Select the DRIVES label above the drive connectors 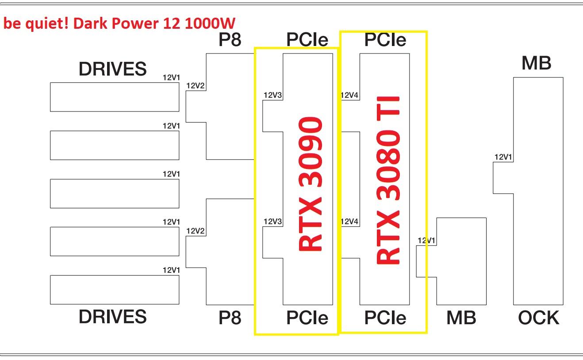[x=112, y=69]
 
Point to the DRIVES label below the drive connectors [x=112, y=317]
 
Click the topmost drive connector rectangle [x=115, y=97]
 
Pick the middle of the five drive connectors [x=115, y=193]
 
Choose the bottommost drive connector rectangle [x=115, y=290]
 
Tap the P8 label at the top [x=230, y=40]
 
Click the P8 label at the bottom [x=230, y=318]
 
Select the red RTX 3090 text [x=310, y=184]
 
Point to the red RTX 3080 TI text [x=389, y=180]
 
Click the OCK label [x=538, y=318]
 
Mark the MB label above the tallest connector [x=536, y=63]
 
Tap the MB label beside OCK [x=461, y=318]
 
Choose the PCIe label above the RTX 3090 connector [x=307, y=40]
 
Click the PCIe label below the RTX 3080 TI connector [x=385, y=318]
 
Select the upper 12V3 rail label [x=272, y=95]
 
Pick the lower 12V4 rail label [x=349, y=222]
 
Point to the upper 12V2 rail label [x=196, y=86]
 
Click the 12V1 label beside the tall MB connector [x=503, y=157]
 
